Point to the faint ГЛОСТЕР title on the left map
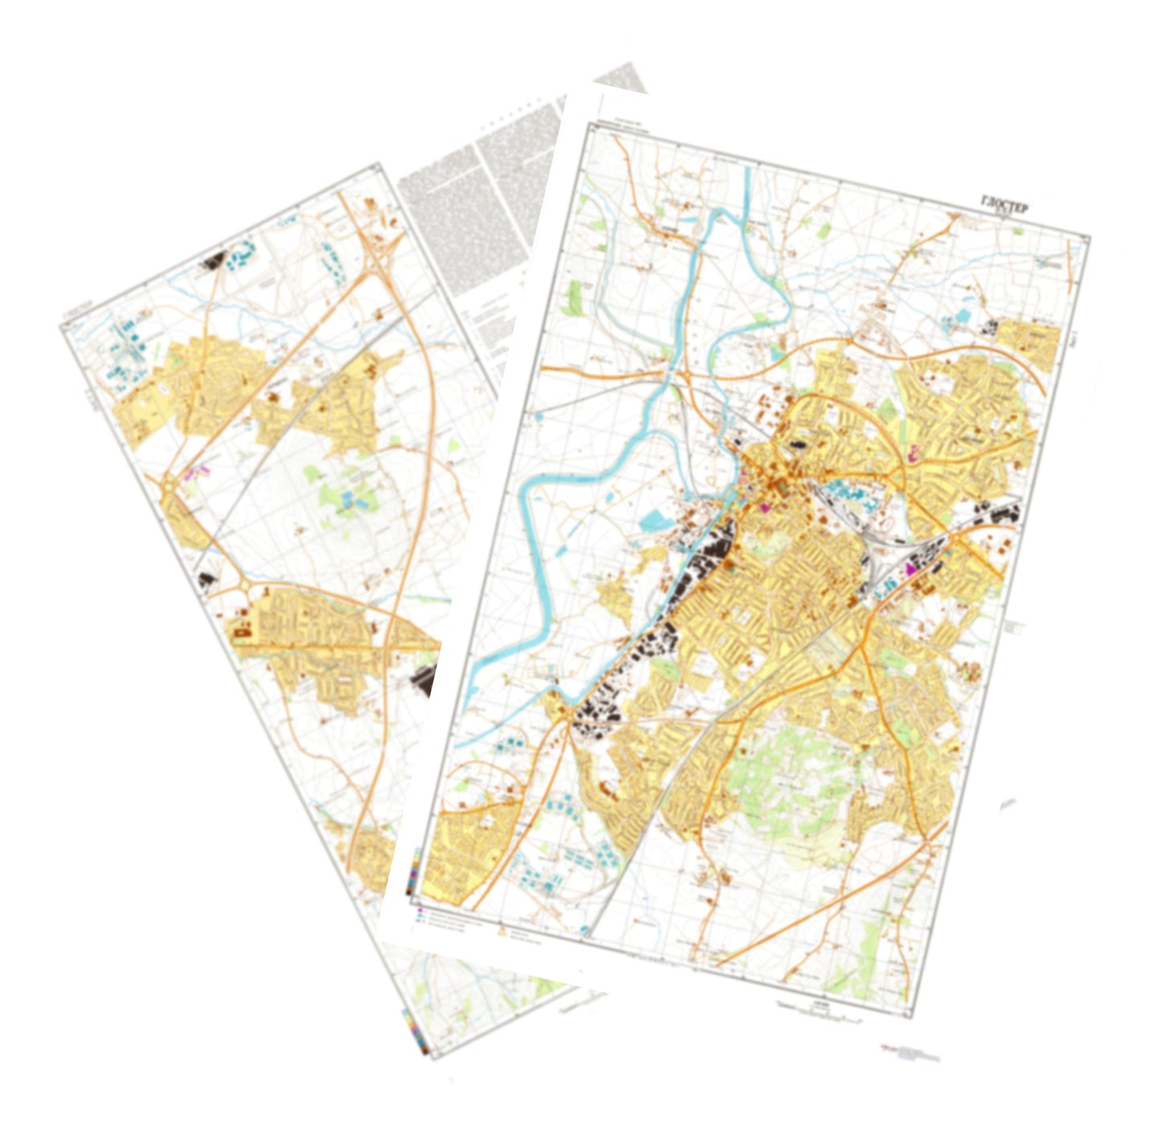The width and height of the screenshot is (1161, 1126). coord(78,314)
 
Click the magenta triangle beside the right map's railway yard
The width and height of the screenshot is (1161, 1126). coord(910,567)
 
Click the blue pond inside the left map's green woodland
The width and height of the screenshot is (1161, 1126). coord(351,501)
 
